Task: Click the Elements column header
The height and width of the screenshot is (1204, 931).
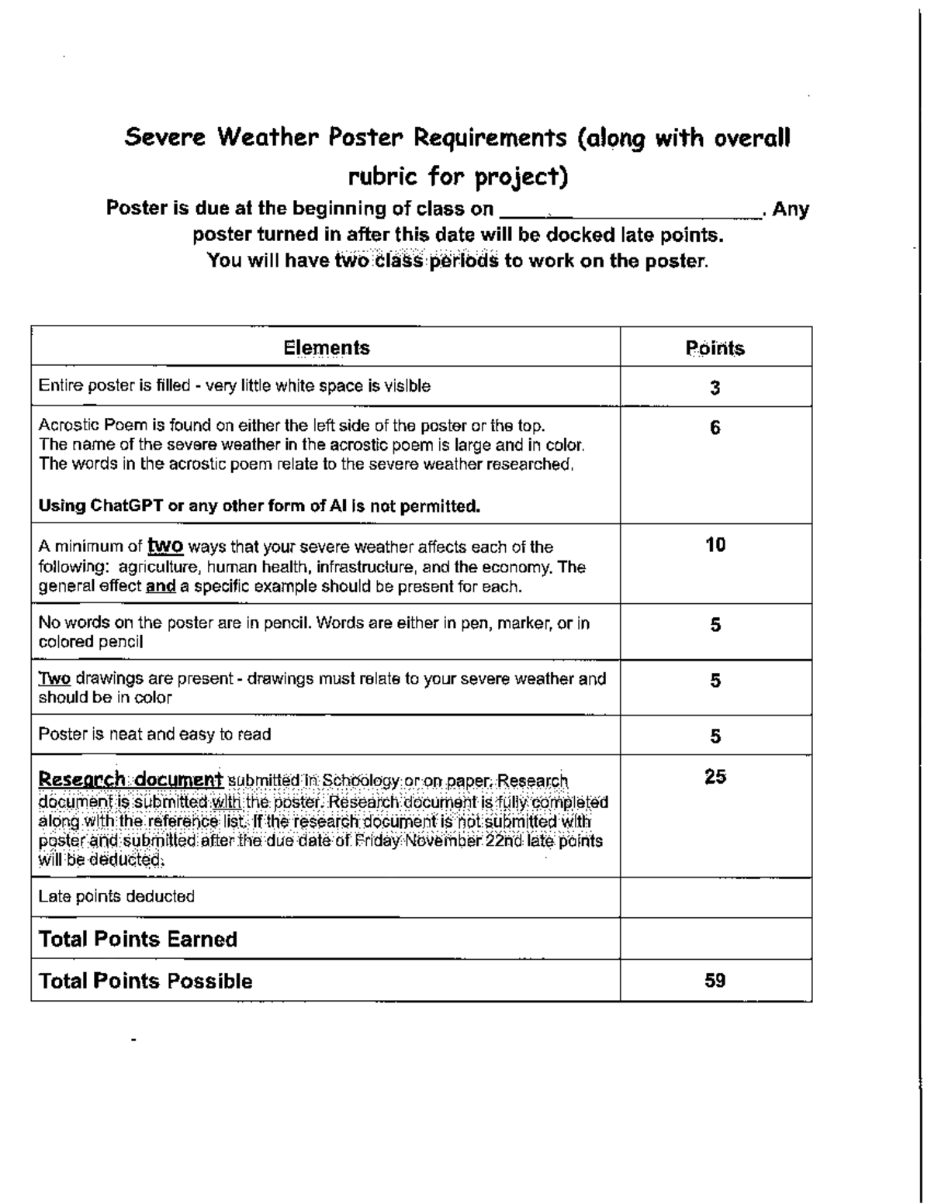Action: [326, 347]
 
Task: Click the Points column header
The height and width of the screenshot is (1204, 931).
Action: [715, 348]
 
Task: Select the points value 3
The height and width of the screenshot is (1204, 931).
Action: [715, 388]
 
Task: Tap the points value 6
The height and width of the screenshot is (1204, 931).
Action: [715, 428]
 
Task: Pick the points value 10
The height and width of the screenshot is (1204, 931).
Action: [715, 545]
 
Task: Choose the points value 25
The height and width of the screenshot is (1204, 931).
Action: [715, 777]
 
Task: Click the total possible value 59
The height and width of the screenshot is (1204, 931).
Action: [715, 981]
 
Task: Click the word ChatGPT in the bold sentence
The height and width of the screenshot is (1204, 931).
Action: [126, 506]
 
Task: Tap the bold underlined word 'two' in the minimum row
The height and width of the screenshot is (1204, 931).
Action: [165, 547]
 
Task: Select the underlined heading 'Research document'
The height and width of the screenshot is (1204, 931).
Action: [131, 779]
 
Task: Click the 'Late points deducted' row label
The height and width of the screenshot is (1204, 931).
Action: [116, 896]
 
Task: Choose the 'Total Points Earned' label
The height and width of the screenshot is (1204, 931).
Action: [138, 939]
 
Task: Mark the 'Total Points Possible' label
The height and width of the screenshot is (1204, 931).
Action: [146, 981]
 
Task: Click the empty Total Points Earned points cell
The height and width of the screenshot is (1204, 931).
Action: [715, 939]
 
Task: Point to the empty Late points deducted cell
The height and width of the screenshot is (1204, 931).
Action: [715, 897]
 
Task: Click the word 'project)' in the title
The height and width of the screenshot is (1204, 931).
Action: [522, 178]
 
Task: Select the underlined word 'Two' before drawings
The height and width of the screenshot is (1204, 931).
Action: [54, 679]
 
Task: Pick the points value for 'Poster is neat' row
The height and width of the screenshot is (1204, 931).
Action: [715, 736]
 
